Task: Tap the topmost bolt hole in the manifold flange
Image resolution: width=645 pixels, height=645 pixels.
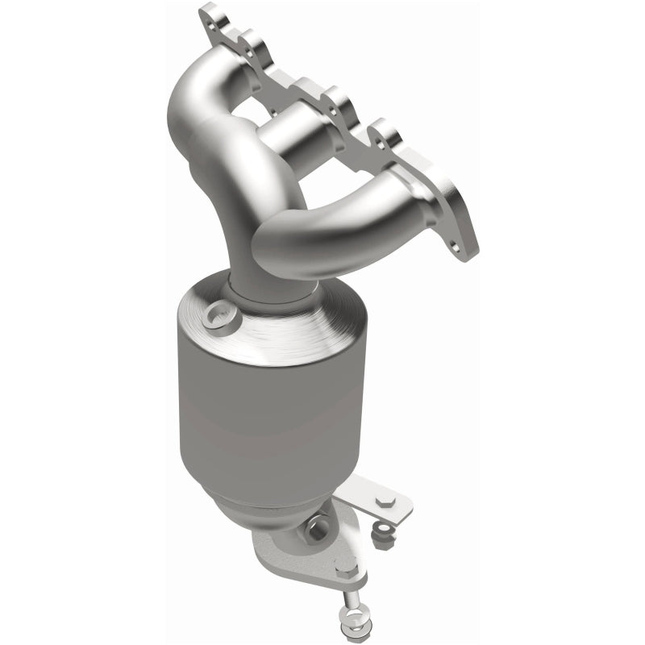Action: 214,14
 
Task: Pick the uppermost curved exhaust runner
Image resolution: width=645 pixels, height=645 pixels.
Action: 202,97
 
